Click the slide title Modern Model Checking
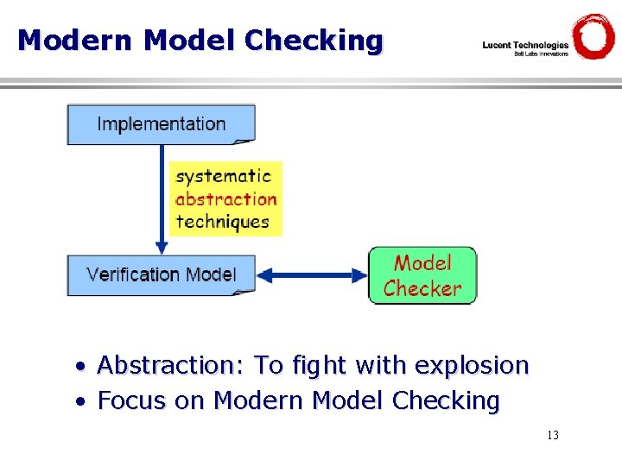coord(200,41)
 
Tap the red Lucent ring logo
coord(593,37)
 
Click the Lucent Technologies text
coord(525,45)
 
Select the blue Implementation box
coord(162,124)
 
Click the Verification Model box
coord(162,275)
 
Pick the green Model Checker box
coord(422,275)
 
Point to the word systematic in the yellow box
coord(223,176)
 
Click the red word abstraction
coord(225,198)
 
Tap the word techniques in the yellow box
coord(223,222)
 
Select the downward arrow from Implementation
coord(162,198)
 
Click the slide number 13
coord(552,435)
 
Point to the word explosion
coord(471,366)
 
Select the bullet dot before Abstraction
coord(79,368)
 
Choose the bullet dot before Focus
coord(79,402)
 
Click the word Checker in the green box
coord(422,288)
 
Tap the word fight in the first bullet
coord(319,366)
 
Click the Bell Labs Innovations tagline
coord(541,54)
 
